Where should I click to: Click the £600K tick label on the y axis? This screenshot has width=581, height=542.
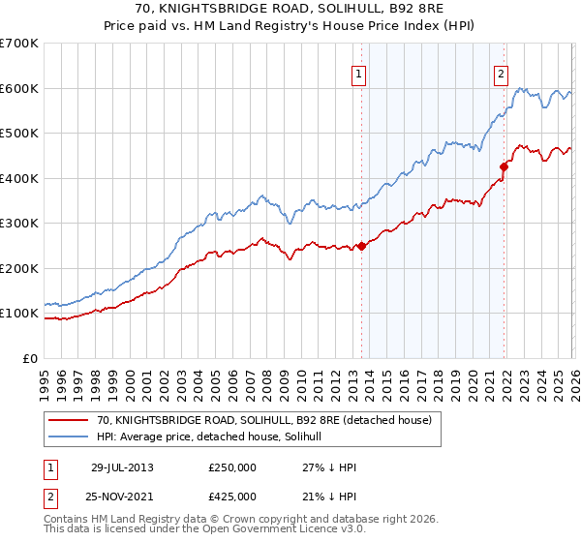(19, 88)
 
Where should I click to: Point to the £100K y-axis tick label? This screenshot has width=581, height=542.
(19, 314)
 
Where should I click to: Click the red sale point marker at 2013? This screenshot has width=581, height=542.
(362, 246)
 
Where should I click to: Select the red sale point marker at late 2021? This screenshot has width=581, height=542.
(505, 166)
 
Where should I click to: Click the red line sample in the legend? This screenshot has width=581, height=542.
(68, 420)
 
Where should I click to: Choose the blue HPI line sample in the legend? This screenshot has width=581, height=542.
(68, 437)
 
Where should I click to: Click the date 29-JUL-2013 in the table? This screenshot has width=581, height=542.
(121, 467)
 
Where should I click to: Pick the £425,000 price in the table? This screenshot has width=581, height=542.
(232, 497)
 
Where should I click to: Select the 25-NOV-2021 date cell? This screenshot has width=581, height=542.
(122, 497)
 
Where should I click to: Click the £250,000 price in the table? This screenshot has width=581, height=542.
(232, 467)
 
